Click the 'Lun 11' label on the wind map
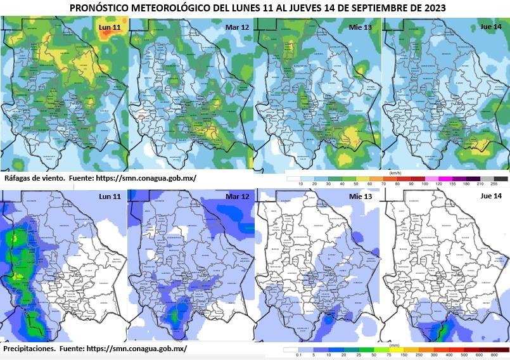click(x=110, y=29)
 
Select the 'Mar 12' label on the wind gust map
click(x=236, y=27)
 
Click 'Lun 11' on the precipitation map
click(x=110, y=197)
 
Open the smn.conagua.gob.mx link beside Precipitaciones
click(x=136, y=349)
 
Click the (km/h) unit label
click(x=393, y=172)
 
